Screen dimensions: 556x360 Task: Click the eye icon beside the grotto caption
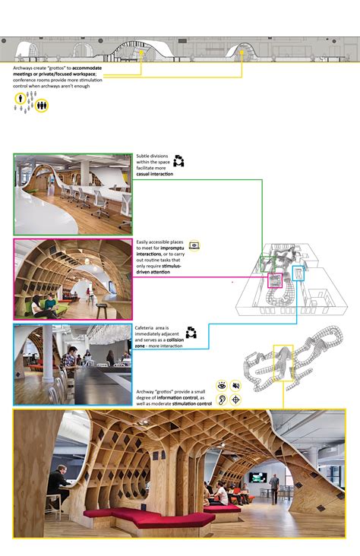pyautogui.click(x=223, y=385)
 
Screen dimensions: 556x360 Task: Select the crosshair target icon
pyautogui.click(x=236, y=399)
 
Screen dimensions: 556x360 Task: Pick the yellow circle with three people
pyautogui.click(x=42, y=106)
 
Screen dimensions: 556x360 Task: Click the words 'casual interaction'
pyautogui.click(x=154, y=175)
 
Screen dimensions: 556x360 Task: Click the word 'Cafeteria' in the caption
pyautogui.click(x=148, y=327)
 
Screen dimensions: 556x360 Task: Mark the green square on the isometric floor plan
pyautogui.click(x=266, y=263)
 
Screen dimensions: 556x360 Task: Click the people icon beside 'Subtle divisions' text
pyautogui.click(x=179, y=161)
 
